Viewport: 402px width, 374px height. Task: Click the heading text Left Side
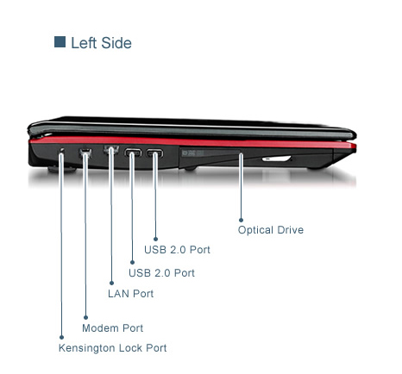coord(101,43)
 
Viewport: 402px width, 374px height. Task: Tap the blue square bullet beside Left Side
coord(60,42)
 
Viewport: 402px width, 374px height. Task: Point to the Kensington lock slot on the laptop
coord(62,150)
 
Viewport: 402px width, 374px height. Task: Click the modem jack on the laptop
coord(85,152)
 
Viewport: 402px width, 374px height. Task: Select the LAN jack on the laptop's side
coord(111,150)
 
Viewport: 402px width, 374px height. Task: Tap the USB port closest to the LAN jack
coord(133,153)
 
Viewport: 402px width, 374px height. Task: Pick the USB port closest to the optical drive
coord(154,153)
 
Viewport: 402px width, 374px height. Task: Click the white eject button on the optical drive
coord(276,159)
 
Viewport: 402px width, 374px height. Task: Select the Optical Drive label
coord(271,230)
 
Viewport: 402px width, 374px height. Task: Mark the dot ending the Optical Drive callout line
coord(241,220)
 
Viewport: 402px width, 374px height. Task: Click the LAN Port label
coord(130,294)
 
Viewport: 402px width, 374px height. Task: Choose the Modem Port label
coord(112,328)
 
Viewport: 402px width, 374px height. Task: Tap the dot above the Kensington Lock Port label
coord(61,337)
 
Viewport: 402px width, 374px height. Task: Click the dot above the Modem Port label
coord(85,317)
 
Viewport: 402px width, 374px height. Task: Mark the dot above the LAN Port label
coord(111,283)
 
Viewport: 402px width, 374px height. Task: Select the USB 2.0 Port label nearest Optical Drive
coord(177,250)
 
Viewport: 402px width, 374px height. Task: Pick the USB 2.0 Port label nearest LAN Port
coord(161,273)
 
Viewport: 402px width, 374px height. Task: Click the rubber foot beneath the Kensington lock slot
coord(61,170)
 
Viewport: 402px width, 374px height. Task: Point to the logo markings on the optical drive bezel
coord(192,153)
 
